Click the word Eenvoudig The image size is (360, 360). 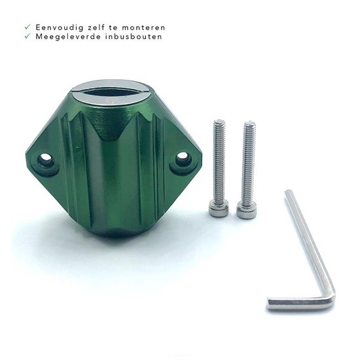60,27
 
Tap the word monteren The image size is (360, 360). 143,27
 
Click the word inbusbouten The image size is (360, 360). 134,37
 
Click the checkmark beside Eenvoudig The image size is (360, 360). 27,27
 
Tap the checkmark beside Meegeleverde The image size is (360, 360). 27,36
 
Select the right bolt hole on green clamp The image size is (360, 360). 182,157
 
